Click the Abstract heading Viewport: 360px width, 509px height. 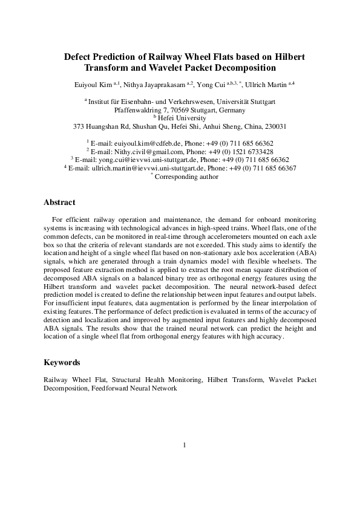pyautogui.click(x=62, y=202)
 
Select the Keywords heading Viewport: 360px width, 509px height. pyautogui.click(x=62, y=363)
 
